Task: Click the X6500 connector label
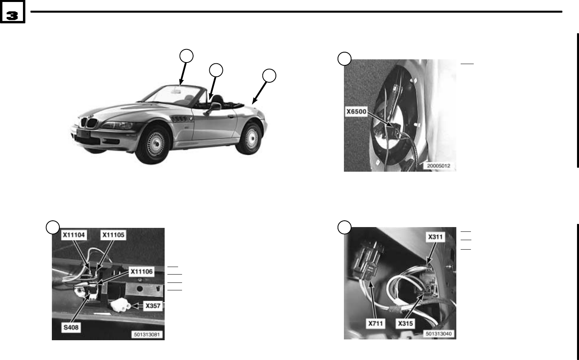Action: [357, 112]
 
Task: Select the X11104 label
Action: [74, 235]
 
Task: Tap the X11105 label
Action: [114, 235]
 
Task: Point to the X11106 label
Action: [142, 271]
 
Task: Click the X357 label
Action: [153, 306]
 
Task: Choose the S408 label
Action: [71, 327]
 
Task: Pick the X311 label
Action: [435, 237]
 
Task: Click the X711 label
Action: [376, 324]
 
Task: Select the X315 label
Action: [405, 324]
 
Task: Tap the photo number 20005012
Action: [438, 166]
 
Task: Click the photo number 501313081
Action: [147, 334]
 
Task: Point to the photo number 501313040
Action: [439, 334]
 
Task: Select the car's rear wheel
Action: [250, 139]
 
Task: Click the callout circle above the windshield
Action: [186, 56]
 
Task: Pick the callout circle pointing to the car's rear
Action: [269, 76]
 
